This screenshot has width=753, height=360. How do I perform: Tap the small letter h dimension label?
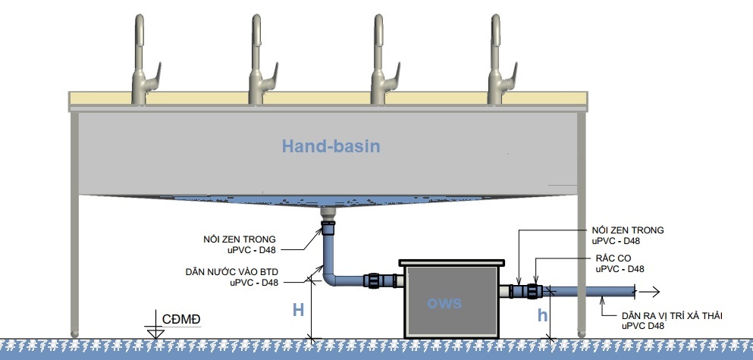click(x=542, y=316)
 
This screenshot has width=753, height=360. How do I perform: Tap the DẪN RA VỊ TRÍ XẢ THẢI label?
click(x=667, y=319)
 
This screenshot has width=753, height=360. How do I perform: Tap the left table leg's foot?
click(x=74, y=331)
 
